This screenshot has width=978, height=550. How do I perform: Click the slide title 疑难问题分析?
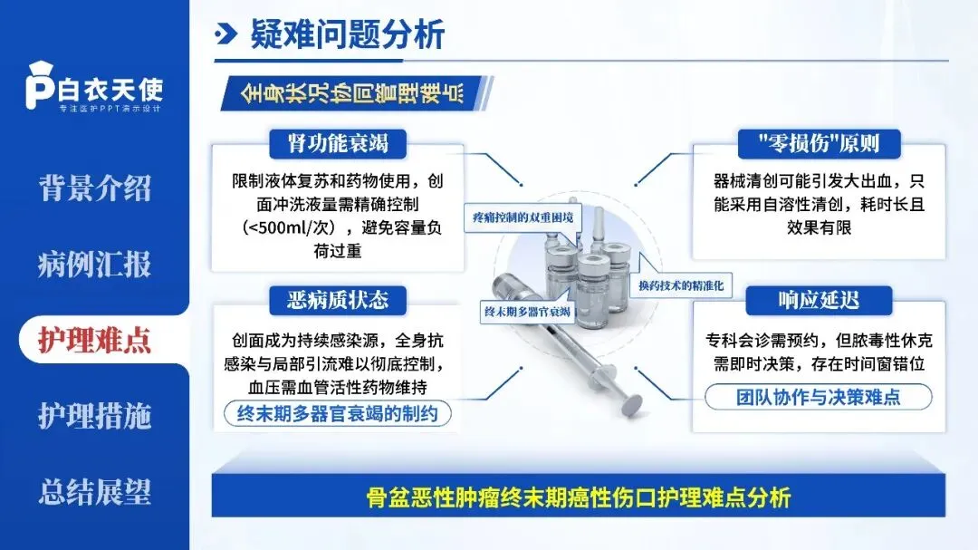348,35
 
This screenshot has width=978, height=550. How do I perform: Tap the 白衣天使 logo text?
110,91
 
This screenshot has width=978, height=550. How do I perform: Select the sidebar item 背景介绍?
94,188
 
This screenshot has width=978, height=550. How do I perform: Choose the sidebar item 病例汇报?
94,265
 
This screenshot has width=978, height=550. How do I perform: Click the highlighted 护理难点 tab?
94,340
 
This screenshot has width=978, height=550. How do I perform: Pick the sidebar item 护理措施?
94,416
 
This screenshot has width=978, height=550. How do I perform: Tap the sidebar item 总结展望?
94,492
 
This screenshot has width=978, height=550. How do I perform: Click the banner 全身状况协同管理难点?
352,93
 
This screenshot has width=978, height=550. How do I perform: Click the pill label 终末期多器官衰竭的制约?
337,415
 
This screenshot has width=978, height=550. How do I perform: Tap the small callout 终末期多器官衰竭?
527,311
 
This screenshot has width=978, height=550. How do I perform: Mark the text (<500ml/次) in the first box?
290,228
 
